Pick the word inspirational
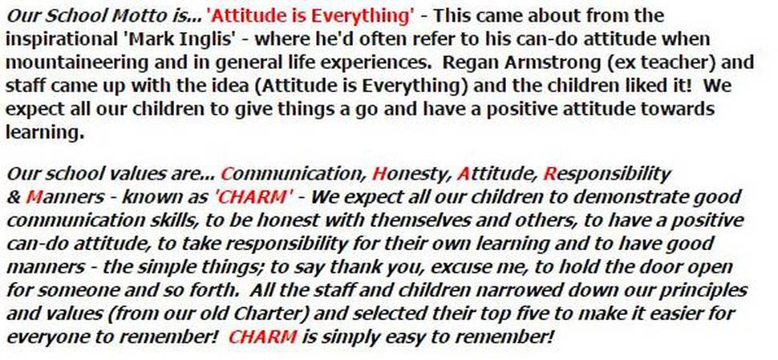pos(63,39)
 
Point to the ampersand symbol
pos(14,198)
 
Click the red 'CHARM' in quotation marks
pos(253,197)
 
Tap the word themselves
pos(421,221)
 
